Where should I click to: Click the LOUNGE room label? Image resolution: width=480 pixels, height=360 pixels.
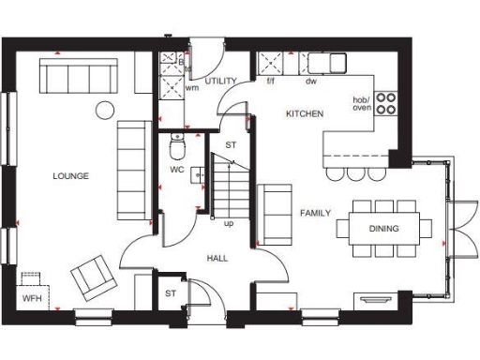(71, 175)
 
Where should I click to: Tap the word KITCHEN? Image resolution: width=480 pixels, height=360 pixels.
(305, 113)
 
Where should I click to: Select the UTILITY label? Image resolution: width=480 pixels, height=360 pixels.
(220, 82)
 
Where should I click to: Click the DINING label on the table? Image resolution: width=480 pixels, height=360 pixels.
(383, 228)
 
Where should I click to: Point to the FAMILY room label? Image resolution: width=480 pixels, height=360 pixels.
(315, 213)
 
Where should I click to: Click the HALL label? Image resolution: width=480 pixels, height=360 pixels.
(217, 256)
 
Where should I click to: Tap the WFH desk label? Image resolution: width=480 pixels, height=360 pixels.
(32, 298)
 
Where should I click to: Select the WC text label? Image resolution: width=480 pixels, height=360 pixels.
(176, 170)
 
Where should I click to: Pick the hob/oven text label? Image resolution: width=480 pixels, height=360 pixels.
(361, 102)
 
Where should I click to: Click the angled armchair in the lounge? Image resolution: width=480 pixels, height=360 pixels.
(92, 274)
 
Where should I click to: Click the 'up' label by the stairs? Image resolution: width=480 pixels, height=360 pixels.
(228, 223)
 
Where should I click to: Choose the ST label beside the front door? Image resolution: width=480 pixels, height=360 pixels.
(171, 293)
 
